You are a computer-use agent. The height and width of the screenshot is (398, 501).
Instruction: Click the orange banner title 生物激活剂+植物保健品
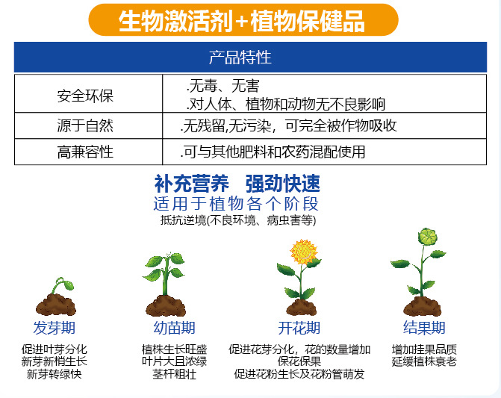coord(242,21)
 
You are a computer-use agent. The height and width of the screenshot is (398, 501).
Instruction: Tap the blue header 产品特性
coord(240,57)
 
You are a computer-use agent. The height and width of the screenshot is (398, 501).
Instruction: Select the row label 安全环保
coord(85,96)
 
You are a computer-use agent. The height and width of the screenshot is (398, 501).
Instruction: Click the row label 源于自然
coord(85,125)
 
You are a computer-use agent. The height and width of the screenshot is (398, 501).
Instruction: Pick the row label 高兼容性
coord(85,152)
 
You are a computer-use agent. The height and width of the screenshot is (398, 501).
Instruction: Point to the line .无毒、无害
coord(223,86)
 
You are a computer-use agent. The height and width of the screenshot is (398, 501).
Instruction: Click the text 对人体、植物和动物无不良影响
coord(287,104)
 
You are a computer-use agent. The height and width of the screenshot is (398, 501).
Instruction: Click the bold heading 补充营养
coord(191,184)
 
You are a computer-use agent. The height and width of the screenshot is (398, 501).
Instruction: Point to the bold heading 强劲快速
coord(283,184)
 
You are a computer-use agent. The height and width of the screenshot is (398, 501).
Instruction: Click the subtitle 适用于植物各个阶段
coord(236,204)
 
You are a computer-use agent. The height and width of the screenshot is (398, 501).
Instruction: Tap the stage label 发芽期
coord(54,328)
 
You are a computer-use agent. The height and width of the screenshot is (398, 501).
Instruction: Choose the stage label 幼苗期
coord(174,328)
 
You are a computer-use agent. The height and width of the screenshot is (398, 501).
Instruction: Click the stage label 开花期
coord(299,328)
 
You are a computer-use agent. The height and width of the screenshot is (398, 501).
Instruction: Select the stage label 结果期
coord(424,327)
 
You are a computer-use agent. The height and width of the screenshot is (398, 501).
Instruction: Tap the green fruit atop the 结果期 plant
coord(428,237)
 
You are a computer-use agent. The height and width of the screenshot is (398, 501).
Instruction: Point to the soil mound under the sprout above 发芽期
coord(56,305)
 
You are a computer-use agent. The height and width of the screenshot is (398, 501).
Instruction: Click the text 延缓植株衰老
coord(424,362)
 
